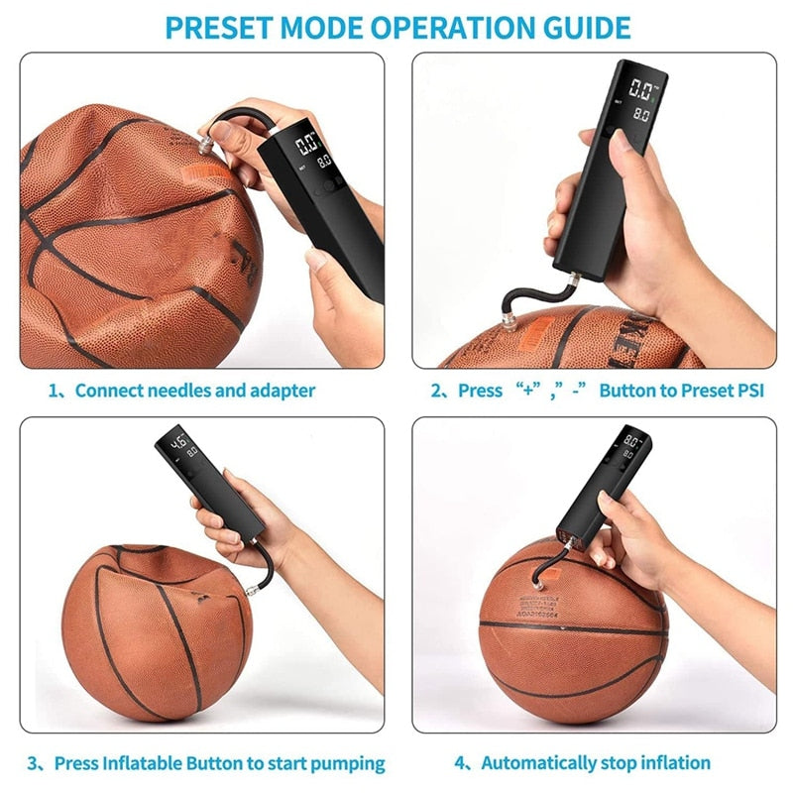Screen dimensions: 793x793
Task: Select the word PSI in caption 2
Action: (x=750, y=391)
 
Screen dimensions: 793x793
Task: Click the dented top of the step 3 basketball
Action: (x=159, y=565)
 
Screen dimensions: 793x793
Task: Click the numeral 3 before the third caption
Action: (x=33, y=763)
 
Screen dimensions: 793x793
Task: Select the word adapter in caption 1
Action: (x=283, y=391)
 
